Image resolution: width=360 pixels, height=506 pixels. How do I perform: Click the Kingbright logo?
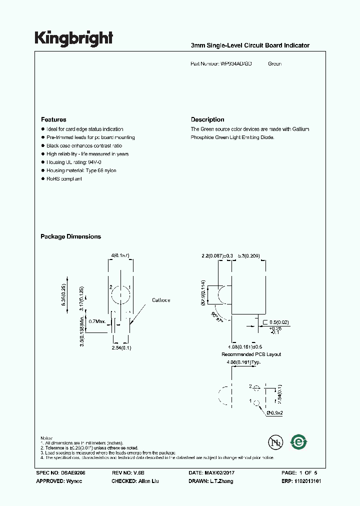click(x=73, y=38)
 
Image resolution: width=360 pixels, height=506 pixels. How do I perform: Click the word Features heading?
click(x=53, y=119)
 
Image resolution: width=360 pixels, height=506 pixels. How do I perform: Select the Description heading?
click(x=207, y=119)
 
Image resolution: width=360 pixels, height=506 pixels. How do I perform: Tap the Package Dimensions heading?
click(x=70, y=236)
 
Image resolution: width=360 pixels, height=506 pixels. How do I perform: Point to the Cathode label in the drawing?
click(x=161, y=300)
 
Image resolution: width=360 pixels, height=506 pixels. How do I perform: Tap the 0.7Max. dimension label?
click(x=97, y=321)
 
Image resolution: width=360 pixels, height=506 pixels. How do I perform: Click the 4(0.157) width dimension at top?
click(x=120, y=256)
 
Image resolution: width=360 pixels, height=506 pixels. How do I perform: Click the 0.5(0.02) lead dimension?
click(x=278, y=322)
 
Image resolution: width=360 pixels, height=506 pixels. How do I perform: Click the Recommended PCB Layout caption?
click(x=251, y=354)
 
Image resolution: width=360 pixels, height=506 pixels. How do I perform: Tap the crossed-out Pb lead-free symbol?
click(x=275, y=442)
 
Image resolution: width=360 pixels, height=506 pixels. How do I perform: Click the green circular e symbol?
click(x=299, y=442)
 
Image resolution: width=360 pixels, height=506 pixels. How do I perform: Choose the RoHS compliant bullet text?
click(x=64, y=179)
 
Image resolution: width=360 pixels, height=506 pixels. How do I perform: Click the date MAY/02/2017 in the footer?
click(x=224, y=473)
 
